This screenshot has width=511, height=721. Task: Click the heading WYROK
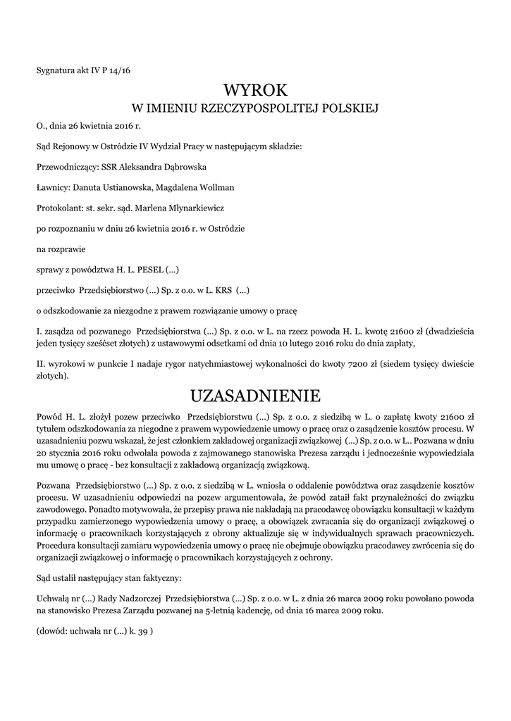[x=255, y=90]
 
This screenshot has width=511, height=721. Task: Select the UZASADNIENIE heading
[x=255, y=393]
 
